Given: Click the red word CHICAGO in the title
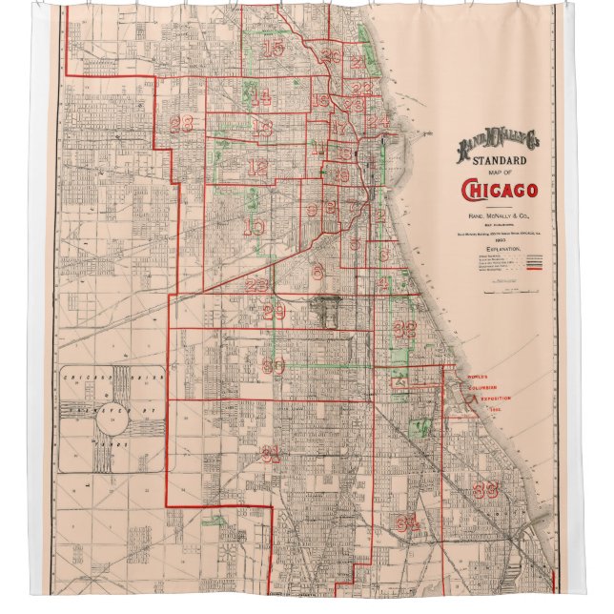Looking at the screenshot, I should pyautogui.click(x=499, y=192).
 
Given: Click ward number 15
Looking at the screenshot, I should pyautogui.click(x=274, y=49).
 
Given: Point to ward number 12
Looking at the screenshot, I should pyautogui.click(x=257, y=167).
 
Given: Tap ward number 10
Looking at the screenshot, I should pyautogui.click(x=255, y=226).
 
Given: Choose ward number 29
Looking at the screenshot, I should pyautogui.click(x=275, y=312).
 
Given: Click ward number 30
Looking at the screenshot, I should pyautogui.click(x=274, y=366).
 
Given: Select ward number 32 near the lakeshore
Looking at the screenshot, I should pyautogui.click(x=405, y=329).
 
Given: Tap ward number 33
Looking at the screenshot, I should pyautogui.click(x=485, y=491).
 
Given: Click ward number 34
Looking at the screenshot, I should pyautogui.click(x=409, y=522).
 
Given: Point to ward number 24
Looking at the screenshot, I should pyautogui.click(x=379, y=122).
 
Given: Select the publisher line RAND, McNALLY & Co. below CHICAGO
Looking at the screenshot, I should pyautogui.click(x=499, y=216).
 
